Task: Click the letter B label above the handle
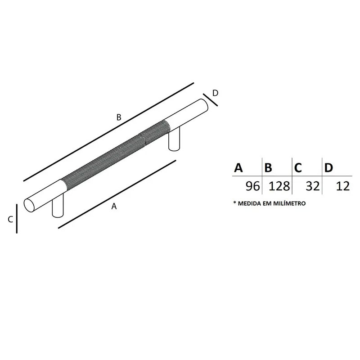(x=119, y=117)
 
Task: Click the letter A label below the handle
(x=114, y=206)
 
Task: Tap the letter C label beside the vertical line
(x=10, y=219)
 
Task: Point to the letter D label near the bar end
(x=215, y=93)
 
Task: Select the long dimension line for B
(x=108, y=132)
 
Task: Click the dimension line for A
(x=117, y=194)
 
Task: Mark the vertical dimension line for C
(x=17, y=219)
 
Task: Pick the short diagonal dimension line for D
(x=210, y=100)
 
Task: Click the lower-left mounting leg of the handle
(x=58, y=205)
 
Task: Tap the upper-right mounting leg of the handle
(x=174, y=139)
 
